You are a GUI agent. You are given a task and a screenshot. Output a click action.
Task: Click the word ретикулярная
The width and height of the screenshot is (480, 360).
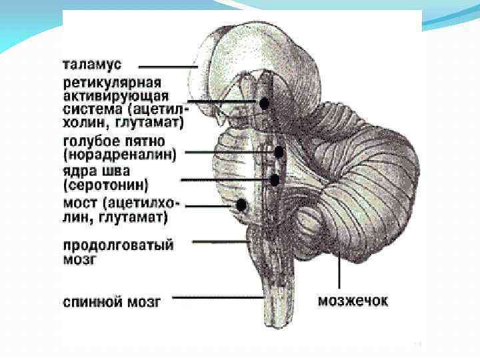[112, 83]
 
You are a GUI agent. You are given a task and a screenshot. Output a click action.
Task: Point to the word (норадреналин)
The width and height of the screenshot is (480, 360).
[120, 155]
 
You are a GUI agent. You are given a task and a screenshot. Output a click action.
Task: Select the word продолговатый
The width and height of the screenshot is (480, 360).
[119, 245]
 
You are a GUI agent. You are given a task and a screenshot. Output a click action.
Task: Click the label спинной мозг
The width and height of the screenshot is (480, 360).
[112, 301]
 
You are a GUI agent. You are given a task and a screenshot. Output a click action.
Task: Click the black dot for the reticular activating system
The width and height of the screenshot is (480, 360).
[265, 103]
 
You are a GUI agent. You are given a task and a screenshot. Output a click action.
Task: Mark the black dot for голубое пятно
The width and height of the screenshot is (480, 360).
[279, 152]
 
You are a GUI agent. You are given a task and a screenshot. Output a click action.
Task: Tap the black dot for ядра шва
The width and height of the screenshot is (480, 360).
[274, 179]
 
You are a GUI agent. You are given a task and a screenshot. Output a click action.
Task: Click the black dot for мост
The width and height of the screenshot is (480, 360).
[242, 205]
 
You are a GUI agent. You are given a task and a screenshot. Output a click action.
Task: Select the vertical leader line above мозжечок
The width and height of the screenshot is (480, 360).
[341, 273]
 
